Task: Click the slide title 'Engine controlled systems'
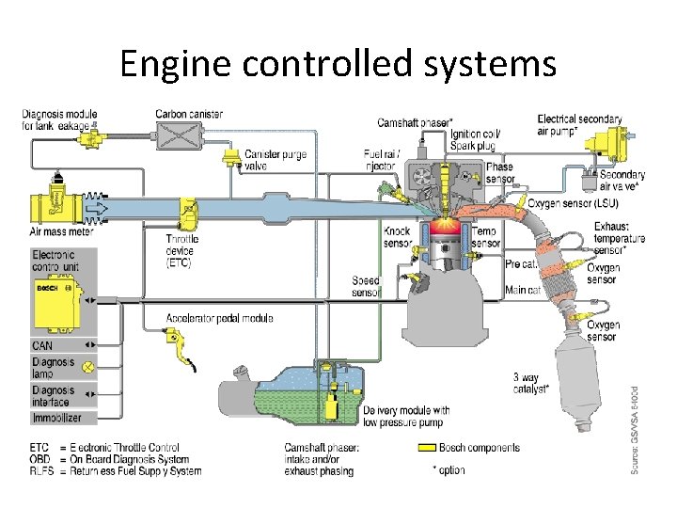point(338,64)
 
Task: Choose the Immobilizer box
point(57,417)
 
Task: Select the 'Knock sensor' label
point(397,237)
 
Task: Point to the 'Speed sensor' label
point(366,286)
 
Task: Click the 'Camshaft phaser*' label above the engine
point(415,123)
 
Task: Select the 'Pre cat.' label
point(521,264)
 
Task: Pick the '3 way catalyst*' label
point(532,383)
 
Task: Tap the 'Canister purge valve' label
point(276,160)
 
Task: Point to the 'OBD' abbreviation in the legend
point(39,459)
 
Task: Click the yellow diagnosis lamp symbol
point(87,367)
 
